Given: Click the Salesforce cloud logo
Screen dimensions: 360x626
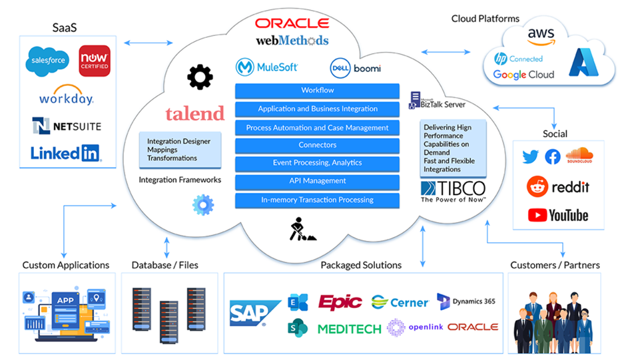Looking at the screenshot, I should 47,61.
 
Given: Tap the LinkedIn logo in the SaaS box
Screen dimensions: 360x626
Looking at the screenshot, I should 66,154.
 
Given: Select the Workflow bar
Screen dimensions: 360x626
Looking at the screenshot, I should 317,90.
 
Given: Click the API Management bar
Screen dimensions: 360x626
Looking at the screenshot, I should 317,181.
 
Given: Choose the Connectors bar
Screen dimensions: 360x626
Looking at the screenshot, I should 317,145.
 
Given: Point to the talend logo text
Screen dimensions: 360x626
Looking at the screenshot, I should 194,114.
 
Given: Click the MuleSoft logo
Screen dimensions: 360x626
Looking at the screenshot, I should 267,67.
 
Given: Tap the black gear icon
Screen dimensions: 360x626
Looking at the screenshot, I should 200,78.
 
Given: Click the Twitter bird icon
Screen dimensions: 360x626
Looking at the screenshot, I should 530,157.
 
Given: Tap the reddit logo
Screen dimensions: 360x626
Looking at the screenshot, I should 558,187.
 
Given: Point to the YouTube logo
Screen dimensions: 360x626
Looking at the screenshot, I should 558,215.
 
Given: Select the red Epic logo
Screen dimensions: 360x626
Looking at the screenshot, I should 340,302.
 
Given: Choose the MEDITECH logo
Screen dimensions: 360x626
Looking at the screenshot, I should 349,329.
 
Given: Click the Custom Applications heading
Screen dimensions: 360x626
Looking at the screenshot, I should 66,265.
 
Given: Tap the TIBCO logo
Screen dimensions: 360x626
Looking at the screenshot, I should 453,192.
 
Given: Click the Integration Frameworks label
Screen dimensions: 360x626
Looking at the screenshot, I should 180,180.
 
